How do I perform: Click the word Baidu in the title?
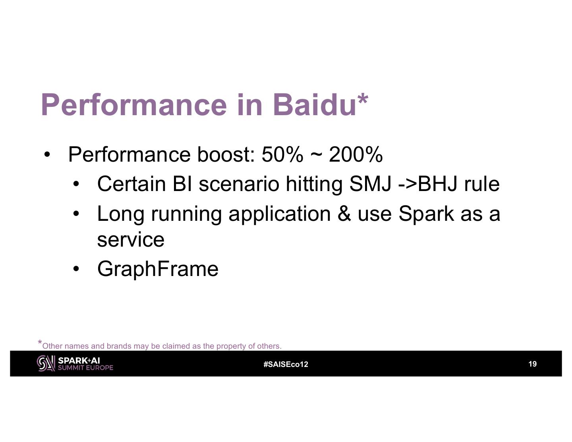click(x=315, y=104)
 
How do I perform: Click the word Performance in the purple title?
click(x=134, y=104)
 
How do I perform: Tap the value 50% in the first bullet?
click(x=282, y=154)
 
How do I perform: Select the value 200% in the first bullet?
click(x=356, y=154)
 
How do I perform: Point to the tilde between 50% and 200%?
click(x=316, y=155)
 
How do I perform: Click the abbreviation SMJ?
click(x=370, y=184)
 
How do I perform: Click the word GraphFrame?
click(x=158, y=268)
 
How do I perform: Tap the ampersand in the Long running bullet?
click(x=344, y=213)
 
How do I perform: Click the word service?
click(x=131, y=239)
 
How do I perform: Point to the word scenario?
click(x=239, y=184)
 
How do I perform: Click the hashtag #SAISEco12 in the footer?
click(x=286, y=364)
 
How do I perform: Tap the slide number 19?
click(x=533, y=364)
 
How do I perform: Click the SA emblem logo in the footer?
click(x=46, y=363)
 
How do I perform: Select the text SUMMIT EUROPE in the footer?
click(x=85, y=368)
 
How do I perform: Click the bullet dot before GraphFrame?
click(x=76, y=269)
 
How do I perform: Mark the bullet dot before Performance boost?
click(x=47, y=155)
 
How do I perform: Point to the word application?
click(x=280, y=213)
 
